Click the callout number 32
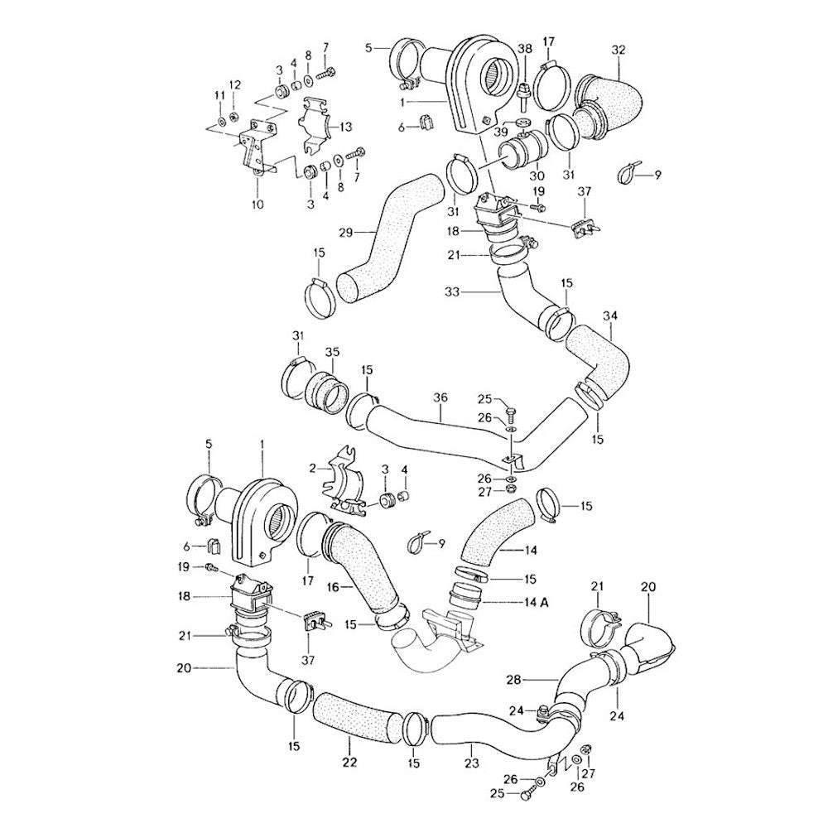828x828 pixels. point(618,49)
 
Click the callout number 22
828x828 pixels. point(349,763)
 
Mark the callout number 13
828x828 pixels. point(346,127)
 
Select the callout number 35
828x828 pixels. point(332,352)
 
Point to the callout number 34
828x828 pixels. point(610,315)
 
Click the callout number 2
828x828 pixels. point(313,468)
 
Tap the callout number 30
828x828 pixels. point(537,176)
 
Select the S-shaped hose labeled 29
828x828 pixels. point(389,240)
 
